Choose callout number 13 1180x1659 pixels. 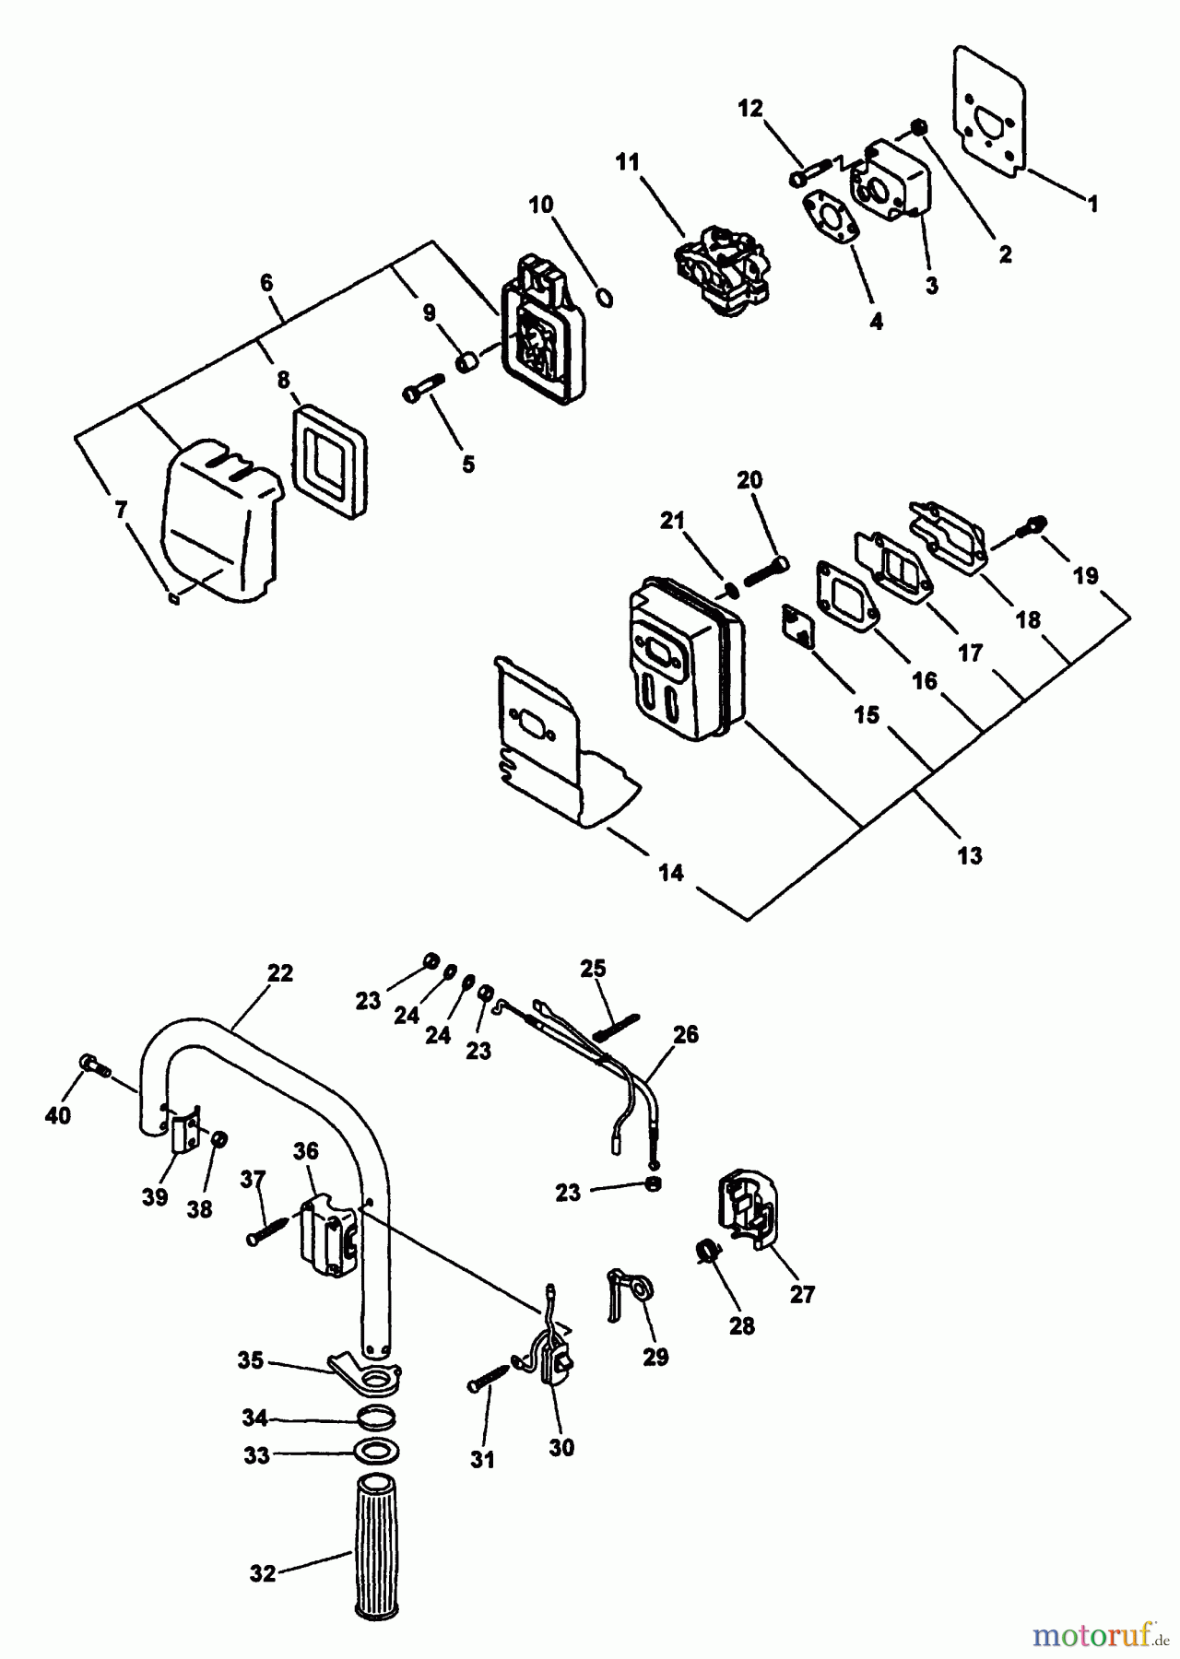pyautogui.click(x=969, y=855)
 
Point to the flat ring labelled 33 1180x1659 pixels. pyautogui.click(x=376, y=1454)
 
